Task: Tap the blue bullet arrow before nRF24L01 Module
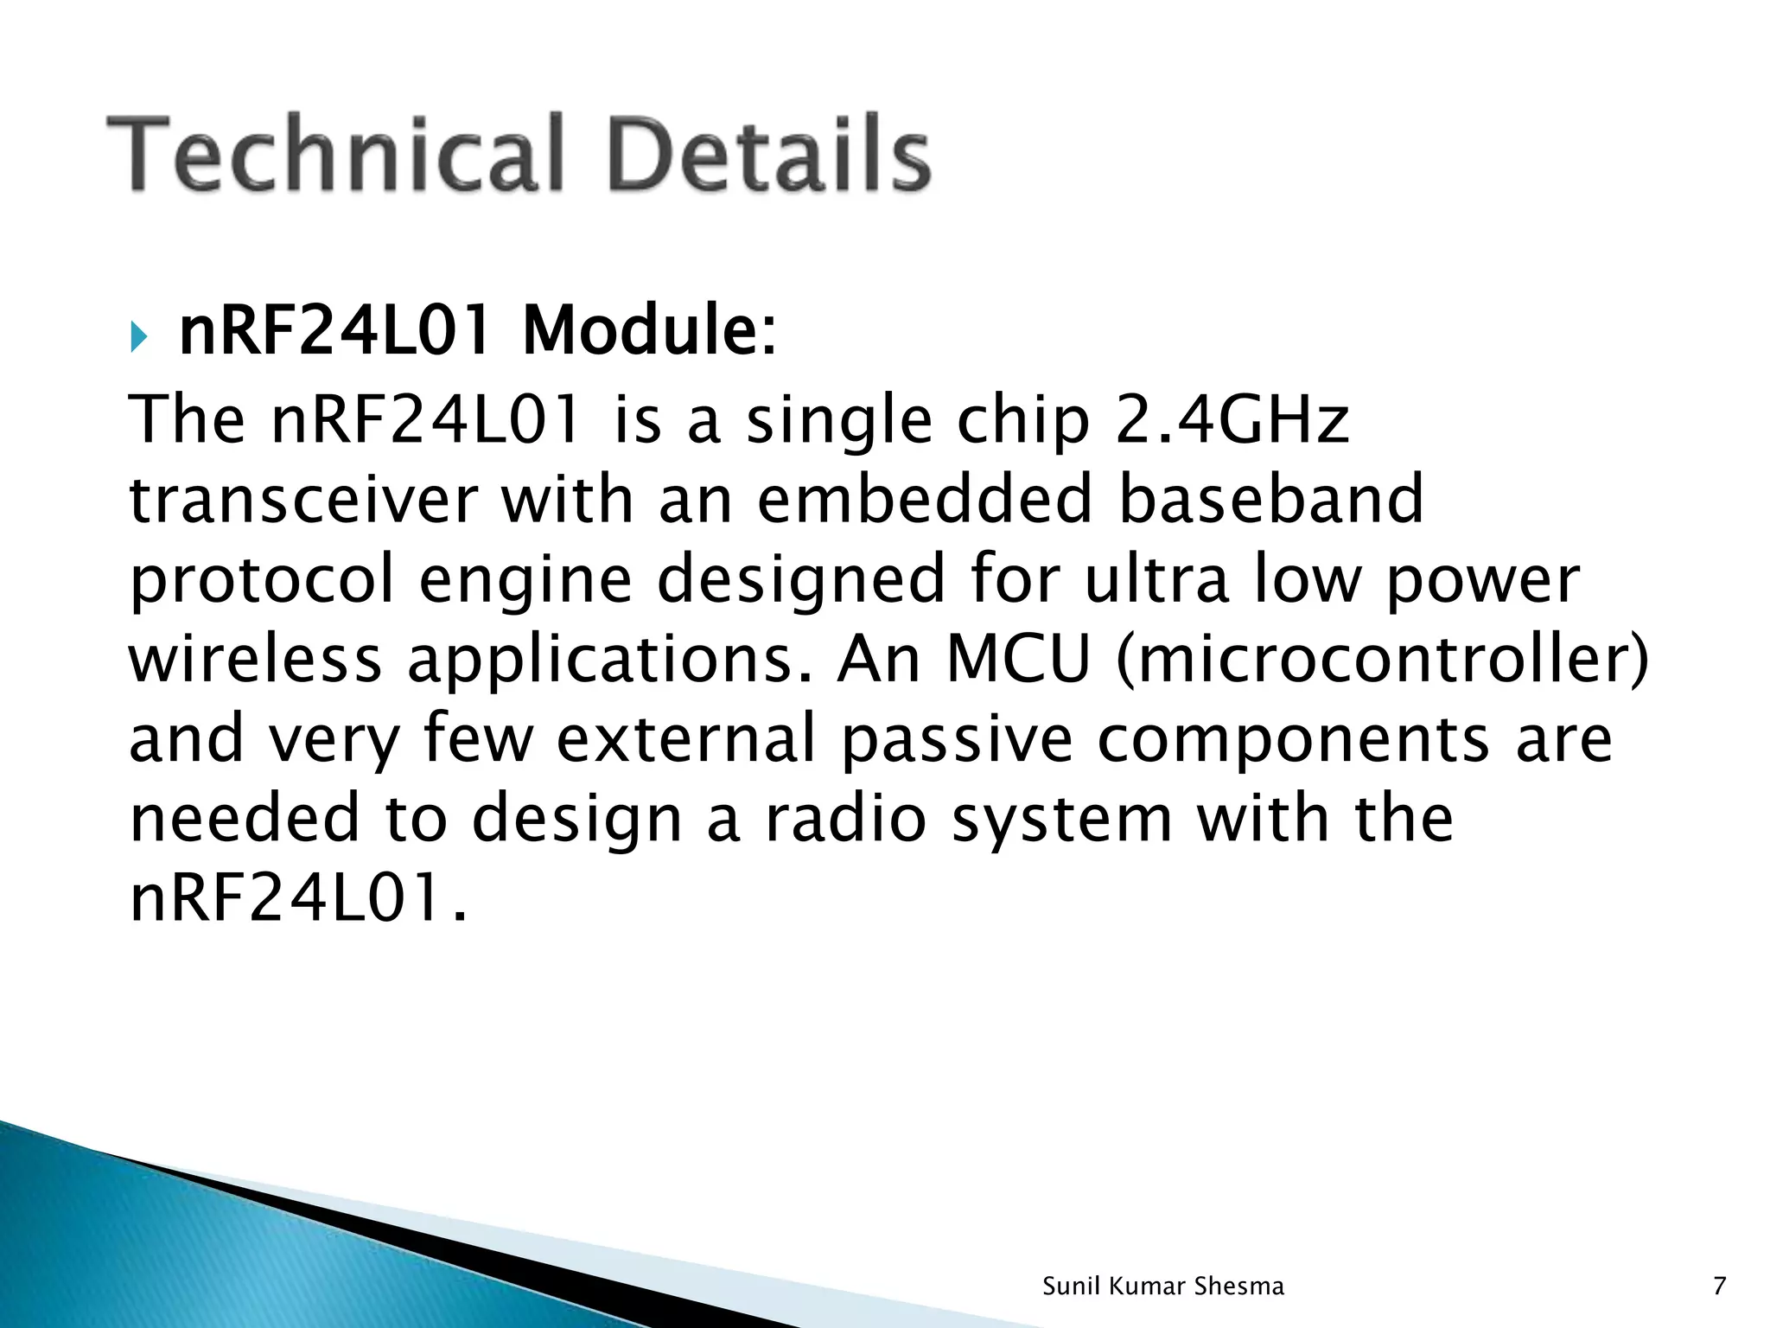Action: tap(140, 336)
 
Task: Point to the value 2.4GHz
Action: tap(1232, 421)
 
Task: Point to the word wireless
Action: tap(255, 659)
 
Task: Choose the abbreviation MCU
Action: tap(1018, 659)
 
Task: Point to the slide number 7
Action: tap(1719, 1286)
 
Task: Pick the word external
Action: tap(686, 739)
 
